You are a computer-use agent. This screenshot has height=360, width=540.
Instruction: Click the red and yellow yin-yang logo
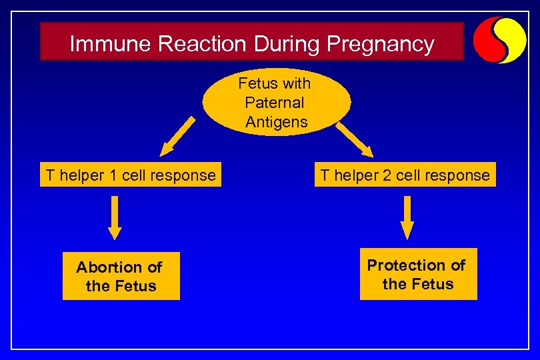tap(499, 39)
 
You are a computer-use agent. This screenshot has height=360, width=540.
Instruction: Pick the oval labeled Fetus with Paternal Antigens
tap(276, 102)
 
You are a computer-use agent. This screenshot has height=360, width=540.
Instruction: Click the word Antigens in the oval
tap(276, 121)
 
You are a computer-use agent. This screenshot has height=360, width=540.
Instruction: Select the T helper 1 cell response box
tap(130, 175)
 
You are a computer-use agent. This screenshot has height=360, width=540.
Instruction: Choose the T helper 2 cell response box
tap(405, 175)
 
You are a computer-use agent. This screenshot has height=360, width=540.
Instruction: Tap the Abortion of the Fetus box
tap(121, 276)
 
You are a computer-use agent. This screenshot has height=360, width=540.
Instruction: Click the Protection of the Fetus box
tap(417, 274)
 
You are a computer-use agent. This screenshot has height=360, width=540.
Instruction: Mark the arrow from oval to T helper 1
tap(177, 137)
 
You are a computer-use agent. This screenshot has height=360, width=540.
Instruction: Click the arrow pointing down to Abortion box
tap(115, 217)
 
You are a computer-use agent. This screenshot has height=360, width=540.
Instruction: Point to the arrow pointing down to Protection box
tap(406, 217)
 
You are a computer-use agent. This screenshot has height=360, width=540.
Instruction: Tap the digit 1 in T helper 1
tap(113, 175)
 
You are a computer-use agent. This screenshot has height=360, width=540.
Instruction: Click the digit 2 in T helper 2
tap(388, 175)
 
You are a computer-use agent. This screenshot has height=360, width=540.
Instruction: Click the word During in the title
tap(287, 44)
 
